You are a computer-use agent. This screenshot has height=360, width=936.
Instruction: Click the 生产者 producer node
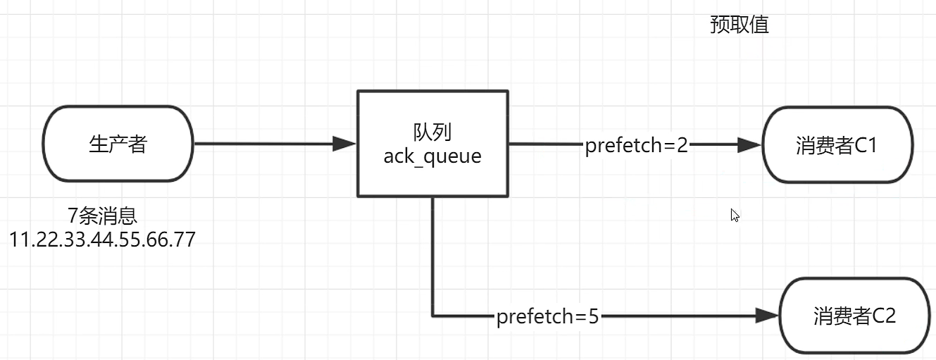click(118, 144)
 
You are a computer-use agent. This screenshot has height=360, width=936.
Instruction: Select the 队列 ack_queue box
click(432, 144)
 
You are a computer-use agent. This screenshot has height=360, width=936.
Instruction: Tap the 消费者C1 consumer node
click(837, 144)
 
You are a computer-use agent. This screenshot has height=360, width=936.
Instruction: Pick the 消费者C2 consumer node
click(854, 316)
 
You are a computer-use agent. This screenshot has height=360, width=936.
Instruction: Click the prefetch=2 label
click(636, 146)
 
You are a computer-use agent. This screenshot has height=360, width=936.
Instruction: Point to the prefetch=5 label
click(547, 317)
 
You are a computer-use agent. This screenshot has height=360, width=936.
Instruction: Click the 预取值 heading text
click(739, 25)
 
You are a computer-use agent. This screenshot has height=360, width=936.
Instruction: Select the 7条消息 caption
click(103, 216)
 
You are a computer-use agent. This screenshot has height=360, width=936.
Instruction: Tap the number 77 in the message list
click(184, 240)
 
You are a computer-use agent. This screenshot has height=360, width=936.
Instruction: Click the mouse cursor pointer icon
click(735, 216)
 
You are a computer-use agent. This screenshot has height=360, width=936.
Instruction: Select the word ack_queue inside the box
click(432, 156)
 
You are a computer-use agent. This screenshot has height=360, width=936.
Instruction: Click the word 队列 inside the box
click(432, 132)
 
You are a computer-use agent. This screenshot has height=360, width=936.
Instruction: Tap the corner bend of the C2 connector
click(432, 315)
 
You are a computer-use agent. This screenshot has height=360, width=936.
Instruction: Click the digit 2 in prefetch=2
click(681, 146)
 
